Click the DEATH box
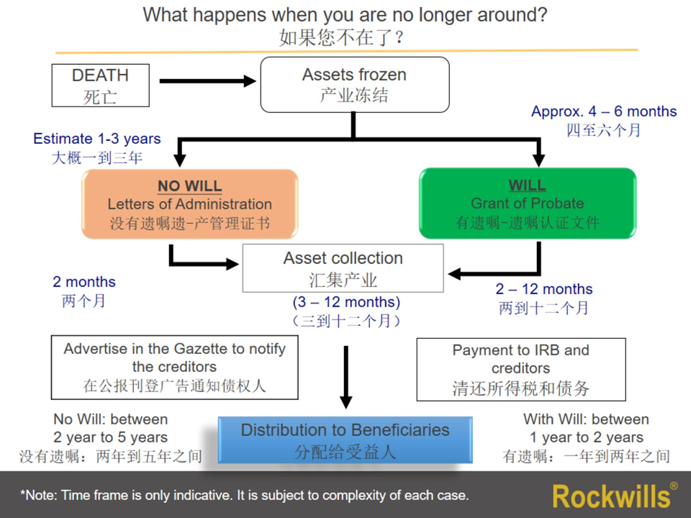coord(100,85)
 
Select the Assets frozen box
coord(354,84)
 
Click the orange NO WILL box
coord(190,204)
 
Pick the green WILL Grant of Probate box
coord(527,204)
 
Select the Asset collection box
coord(343,268)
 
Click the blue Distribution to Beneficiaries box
coord(345,440)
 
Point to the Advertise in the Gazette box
coord(175,367)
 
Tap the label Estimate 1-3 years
coord(97,139)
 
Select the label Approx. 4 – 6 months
coord(604,112)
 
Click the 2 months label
coord(84,283)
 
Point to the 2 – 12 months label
coord(544,289)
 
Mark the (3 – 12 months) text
coord(346,303)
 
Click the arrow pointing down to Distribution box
coord(346,377)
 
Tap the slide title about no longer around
coord(345,14)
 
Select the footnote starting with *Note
coord(245,495)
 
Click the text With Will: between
coord(586,419)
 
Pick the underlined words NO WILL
coord(190,186)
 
